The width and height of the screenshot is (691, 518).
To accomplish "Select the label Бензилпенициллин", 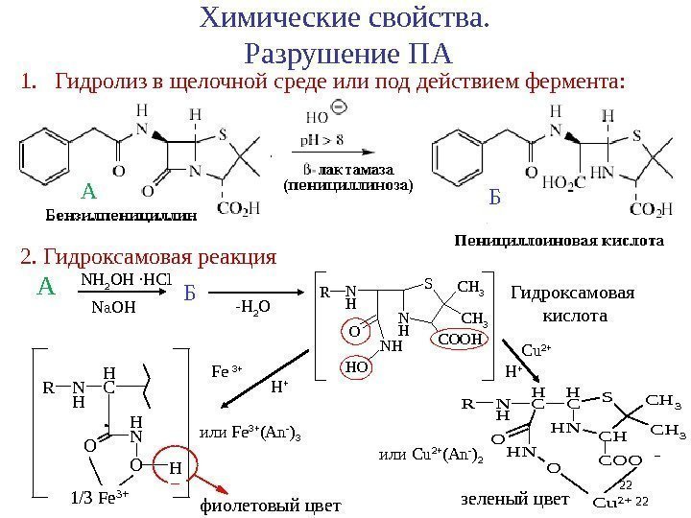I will (x=121, y=214).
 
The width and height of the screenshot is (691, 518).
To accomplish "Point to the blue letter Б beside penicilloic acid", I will (x=494, y=199).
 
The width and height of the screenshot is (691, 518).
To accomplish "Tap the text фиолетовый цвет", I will (x=270, y=506).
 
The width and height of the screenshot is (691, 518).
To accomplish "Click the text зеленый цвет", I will (x=515, y=500).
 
